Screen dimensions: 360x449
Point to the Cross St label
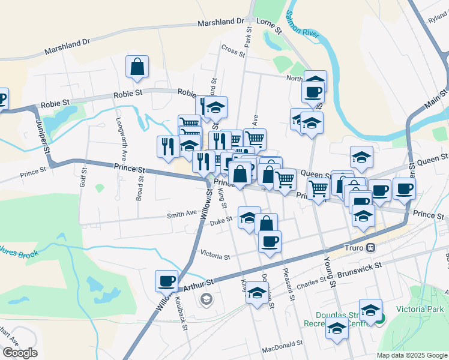coord(234,50)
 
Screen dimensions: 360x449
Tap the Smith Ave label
coord(182,213)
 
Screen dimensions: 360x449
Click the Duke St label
coord(221,222)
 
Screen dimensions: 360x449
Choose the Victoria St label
coord(215,256)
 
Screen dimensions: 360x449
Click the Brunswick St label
coord(360,269)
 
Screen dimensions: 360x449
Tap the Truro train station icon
coord(372,247)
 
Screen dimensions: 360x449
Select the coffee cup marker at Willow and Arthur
coord(166,280)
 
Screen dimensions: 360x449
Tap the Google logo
coord(20,353)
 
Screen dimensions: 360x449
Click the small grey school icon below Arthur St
coord(206,298)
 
